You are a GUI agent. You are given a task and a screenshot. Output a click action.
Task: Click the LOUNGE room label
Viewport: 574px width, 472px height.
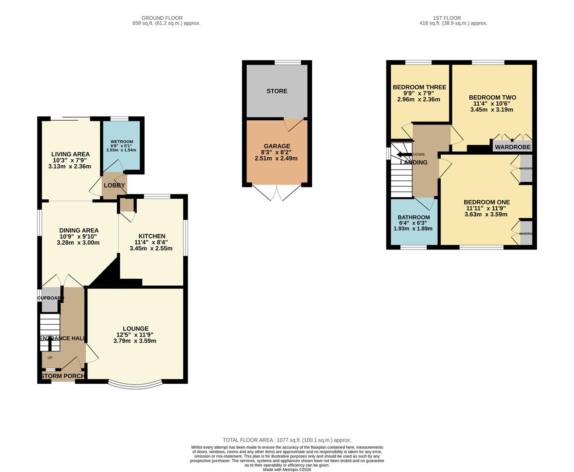pos(136,329)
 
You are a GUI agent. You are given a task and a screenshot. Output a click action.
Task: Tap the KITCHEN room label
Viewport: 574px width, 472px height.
pos(152,236)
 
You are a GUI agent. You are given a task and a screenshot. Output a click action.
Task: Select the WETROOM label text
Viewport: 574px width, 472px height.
pos(122,142)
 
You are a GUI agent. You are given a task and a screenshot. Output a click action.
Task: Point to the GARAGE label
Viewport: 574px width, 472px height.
pos(277,146)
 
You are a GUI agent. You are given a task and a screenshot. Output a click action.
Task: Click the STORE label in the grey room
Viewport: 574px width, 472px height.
pos(277,91)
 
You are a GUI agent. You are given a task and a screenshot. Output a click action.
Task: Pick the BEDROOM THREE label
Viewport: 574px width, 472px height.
pos(419,87)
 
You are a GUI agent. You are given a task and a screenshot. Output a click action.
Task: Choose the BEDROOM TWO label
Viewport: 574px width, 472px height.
pos(492,97)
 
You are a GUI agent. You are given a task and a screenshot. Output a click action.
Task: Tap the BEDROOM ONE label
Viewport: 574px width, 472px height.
pos(487,202)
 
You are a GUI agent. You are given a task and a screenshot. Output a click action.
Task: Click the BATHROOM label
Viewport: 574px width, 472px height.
pos(414,217)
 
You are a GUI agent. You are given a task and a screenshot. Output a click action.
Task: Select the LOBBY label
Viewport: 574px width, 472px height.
pos(115,185)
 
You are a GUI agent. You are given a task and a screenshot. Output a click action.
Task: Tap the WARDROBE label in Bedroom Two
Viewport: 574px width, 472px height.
pos(513,147)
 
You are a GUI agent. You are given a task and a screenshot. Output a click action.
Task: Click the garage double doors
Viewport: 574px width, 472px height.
pos(277,193)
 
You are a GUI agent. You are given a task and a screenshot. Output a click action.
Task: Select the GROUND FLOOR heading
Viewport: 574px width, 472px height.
pos(162,18)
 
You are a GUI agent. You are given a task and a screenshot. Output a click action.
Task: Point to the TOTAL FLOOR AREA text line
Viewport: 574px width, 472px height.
pos(287,440)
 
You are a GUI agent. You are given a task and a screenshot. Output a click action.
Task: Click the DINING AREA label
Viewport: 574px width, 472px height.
pos(79,230)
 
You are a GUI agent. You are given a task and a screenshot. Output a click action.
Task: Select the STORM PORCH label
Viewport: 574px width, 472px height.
pos(63,376)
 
